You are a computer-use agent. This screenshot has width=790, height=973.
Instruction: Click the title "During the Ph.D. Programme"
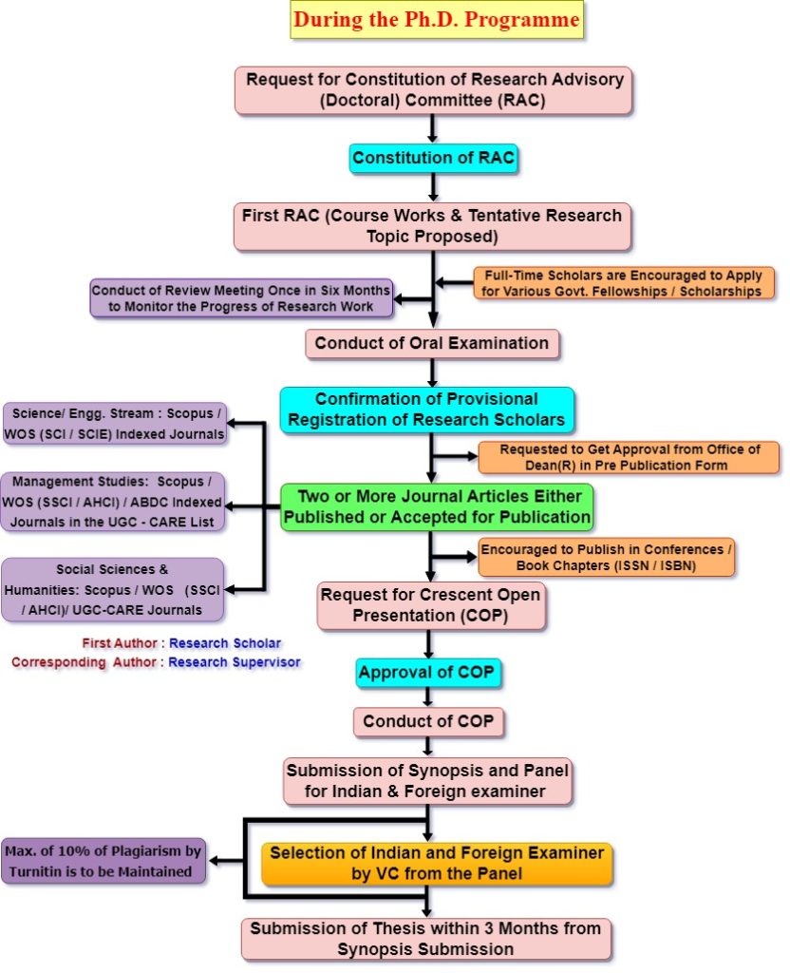(x=437, y=19)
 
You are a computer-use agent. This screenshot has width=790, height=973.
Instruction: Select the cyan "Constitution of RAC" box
(x=434, y=159)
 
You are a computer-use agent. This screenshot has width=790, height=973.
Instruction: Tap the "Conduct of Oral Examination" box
(x=432, y=343)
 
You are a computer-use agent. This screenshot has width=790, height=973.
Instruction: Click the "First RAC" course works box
(x=432, y=225)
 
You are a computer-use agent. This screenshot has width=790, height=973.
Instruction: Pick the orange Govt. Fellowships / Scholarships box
(x=624, y=283)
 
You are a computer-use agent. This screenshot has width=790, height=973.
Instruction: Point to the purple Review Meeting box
(x=241, y=297)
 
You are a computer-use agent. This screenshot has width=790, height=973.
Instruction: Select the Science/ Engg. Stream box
(x=115, y=424)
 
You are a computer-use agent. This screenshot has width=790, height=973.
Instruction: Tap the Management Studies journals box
(x=115, y=502)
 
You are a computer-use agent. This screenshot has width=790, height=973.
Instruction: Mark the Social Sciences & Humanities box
(x=113, y=589)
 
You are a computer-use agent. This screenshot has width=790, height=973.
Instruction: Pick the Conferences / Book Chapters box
(x=606, y=558)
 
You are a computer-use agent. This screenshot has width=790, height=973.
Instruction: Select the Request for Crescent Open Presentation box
(x=431, y=605)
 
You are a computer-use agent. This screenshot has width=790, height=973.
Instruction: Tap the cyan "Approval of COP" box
(x=429, y=674)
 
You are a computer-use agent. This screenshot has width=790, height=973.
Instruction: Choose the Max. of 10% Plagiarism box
(x=103, y=861)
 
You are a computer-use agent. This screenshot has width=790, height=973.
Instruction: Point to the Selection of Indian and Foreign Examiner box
(x=437, y=863)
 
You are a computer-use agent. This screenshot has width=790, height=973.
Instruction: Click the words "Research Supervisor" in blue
(x=235, y=662)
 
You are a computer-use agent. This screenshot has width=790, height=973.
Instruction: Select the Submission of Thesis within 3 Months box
(x=424, y=939)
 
